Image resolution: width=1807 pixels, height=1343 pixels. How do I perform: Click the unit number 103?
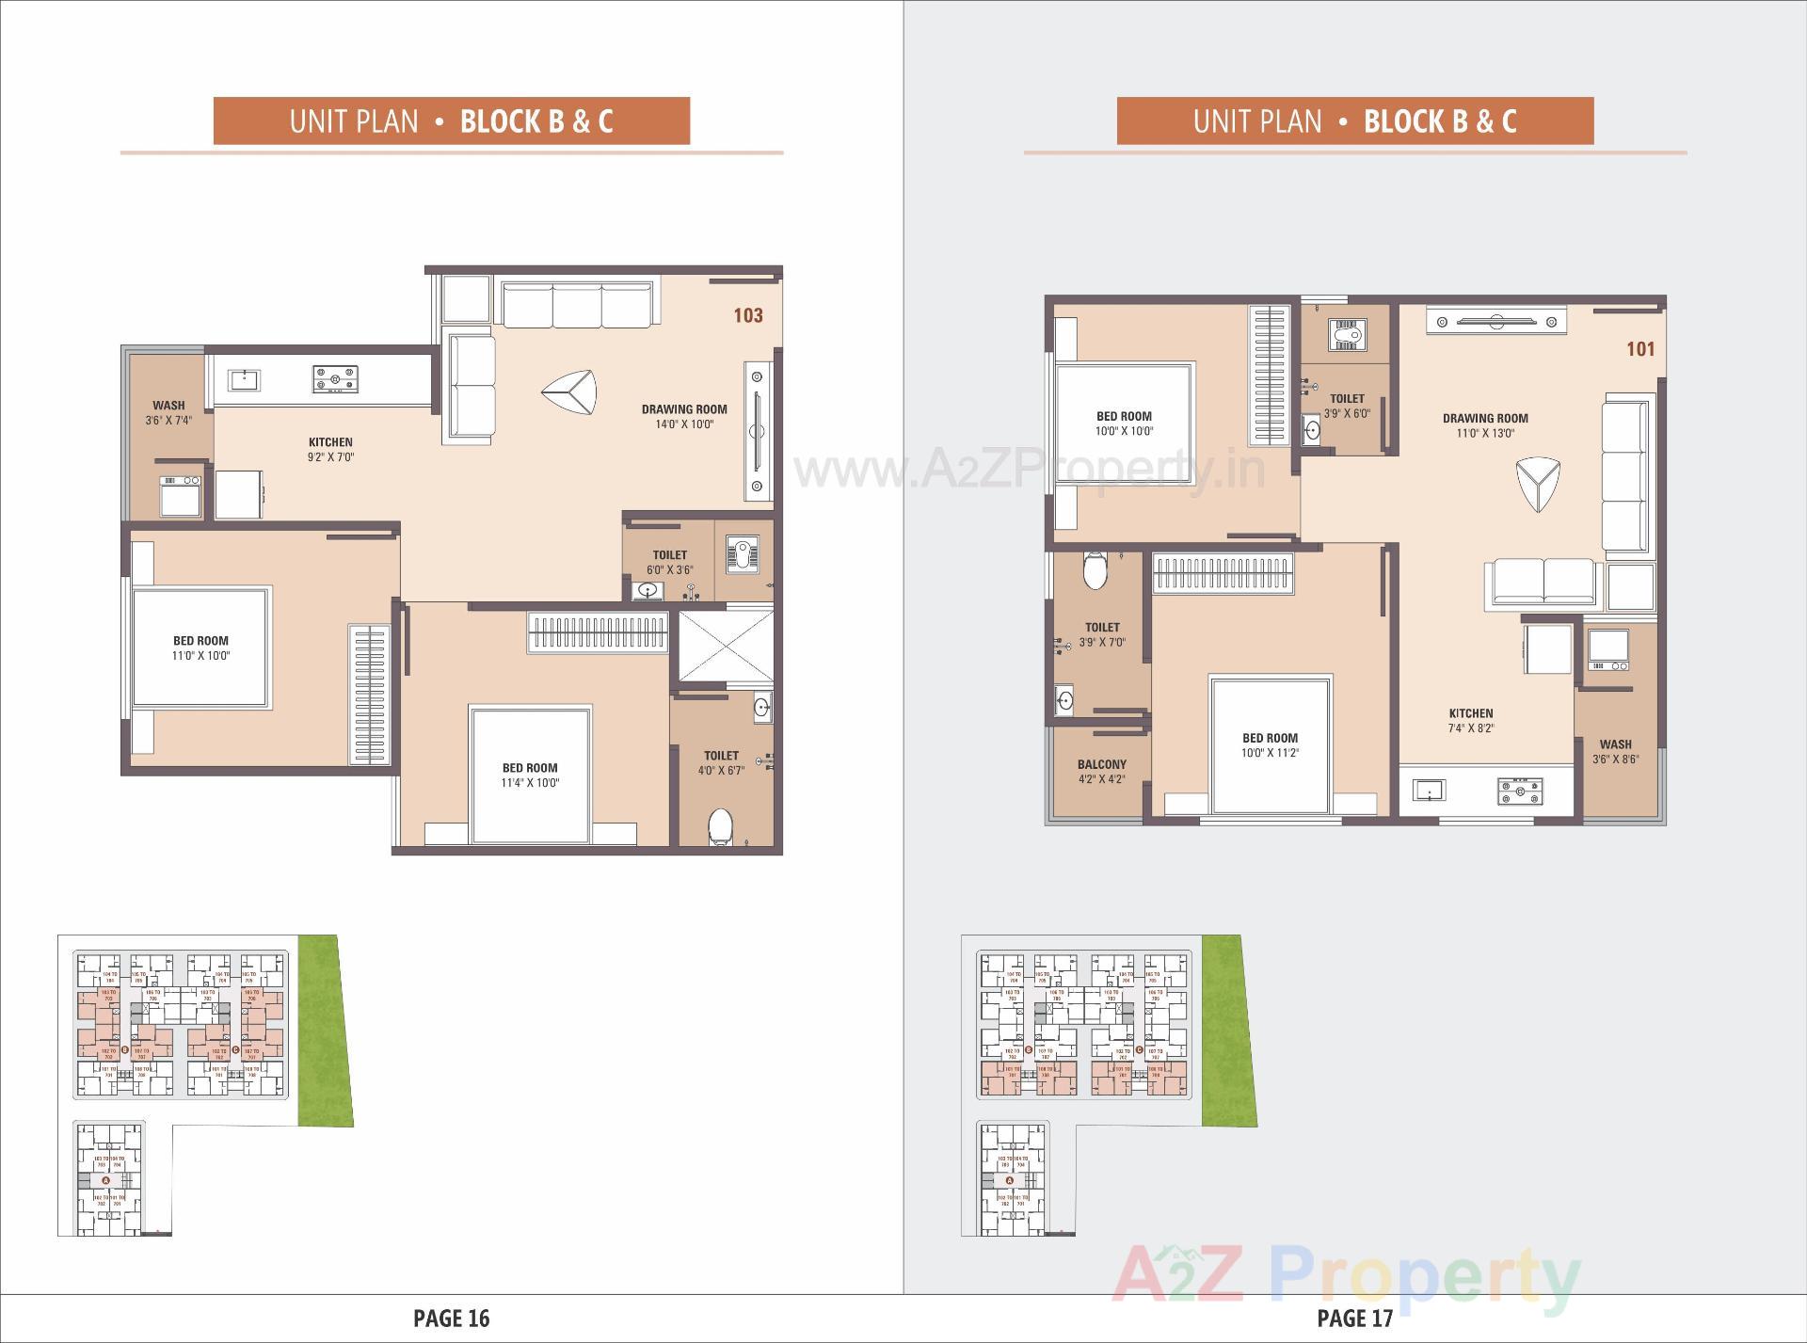point(748,315)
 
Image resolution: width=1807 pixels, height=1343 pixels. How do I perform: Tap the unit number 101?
point(1640,349)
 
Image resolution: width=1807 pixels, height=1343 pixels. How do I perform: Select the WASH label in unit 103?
point(169,406)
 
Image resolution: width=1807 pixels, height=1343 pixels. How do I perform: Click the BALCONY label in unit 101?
point(1101,765)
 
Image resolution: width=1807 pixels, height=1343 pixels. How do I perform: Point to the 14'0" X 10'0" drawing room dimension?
point(684,424)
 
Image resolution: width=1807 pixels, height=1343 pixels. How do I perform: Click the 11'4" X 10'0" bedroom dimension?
point(530,783)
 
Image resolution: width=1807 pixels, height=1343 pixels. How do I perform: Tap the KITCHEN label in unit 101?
point(1471,713)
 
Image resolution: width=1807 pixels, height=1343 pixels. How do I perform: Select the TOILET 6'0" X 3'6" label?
point(670,562)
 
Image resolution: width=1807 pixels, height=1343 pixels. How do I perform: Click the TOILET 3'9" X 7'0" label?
point(1102,634)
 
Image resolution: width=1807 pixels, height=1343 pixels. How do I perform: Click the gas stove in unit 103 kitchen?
point(335,379)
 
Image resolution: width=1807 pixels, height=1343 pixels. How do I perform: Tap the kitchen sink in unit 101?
point(1429,789)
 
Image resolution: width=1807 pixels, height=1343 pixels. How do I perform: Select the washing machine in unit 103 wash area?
point(180,495)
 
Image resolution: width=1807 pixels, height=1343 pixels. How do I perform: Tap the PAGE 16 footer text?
point(452,1318)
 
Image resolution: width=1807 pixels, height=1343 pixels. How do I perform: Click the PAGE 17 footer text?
point(1354,1318)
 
